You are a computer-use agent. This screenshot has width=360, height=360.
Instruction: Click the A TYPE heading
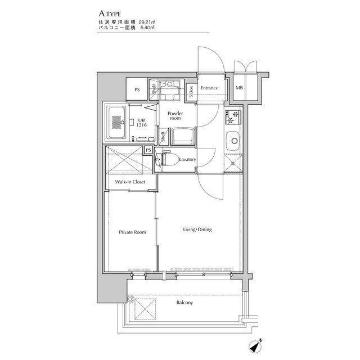tap(110, 13)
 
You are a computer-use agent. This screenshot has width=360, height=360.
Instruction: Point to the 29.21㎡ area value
tap(147, 22)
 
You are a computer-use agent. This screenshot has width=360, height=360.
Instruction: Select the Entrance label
tap(209, 88)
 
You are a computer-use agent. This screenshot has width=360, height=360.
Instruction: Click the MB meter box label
tap(239, 88)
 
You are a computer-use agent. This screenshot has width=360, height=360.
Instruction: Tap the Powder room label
tap(175, 116)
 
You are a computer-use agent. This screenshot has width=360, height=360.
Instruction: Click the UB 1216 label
tap(141, 123)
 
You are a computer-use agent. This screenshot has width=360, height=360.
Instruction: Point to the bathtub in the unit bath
tap(116, 122)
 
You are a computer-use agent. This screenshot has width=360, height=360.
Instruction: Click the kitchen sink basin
tap(233, 141)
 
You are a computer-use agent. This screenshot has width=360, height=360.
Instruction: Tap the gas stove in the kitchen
tap(233, 117)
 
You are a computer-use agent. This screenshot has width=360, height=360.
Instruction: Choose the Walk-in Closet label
tap(130, 182)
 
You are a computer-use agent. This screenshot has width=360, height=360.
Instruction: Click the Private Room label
tap(133, 232)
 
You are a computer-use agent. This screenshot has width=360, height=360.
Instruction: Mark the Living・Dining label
tap(197, 229)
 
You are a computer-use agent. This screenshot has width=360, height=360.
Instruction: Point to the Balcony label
tap(184, 303)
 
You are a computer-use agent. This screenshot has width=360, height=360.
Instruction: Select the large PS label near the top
tap(137, 90)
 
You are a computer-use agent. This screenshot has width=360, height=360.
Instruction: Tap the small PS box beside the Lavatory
tap(148, 150)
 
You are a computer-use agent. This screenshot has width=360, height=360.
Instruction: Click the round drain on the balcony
tap(130, 299)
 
